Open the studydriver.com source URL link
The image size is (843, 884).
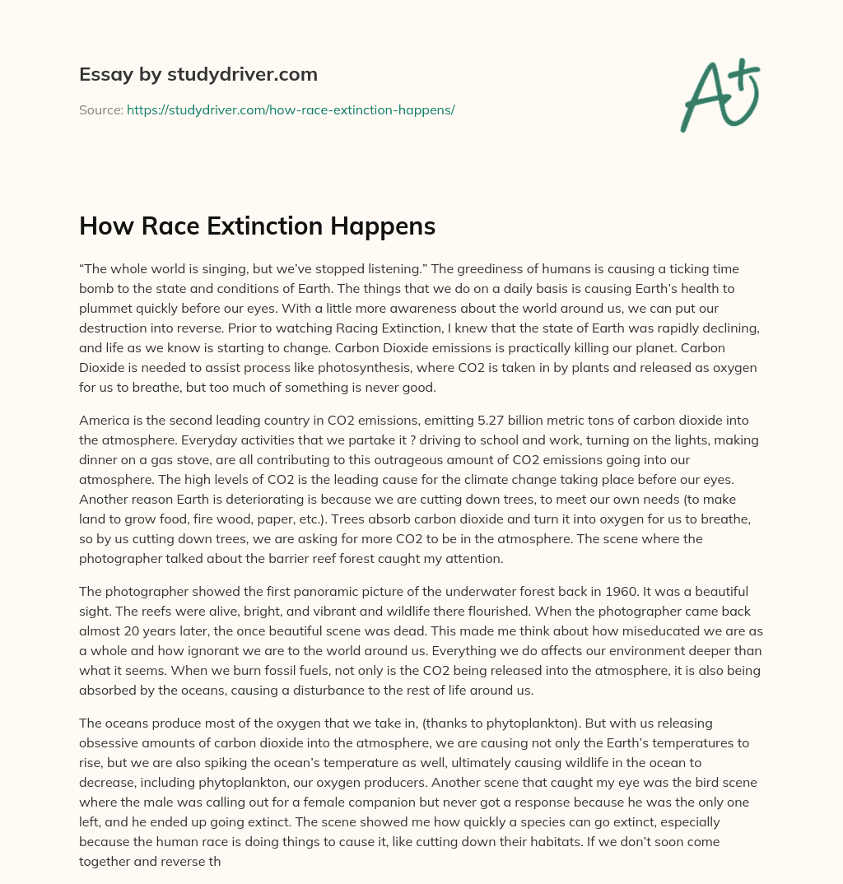(291, 109)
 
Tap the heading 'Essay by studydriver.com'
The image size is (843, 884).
(198, 74)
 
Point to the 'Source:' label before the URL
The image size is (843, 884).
(100, 109)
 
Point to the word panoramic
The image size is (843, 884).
(320, 592)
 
